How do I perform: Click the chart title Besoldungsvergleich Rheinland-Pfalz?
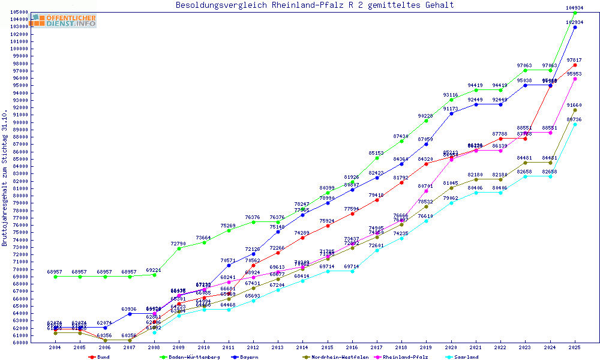pos(314,5)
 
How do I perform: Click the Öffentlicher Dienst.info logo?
pos(64,20)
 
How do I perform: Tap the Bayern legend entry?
pos(247,357)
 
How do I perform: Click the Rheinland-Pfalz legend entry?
pos(407,357)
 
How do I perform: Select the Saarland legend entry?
pos(466,357)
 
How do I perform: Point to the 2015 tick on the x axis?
pos(327,347)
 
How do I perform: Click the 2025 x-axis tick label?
pos(575,347)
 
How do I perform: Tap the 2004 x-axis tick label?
pos(55,347)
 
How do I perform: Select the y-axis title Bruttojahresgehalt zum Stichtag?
pos(5,179)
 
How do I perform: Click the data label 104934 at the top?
pos(575,8)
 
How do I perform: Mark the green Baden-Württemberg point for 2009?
pos(179,248)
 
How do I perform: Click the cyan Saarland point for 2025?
pos(575,124)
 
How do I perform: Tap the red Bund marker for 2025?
pos(575,65)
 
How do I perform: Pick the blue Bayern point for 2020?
pos(451,113)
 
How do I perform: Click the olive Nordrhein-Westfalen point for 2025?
pos(575,110)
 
